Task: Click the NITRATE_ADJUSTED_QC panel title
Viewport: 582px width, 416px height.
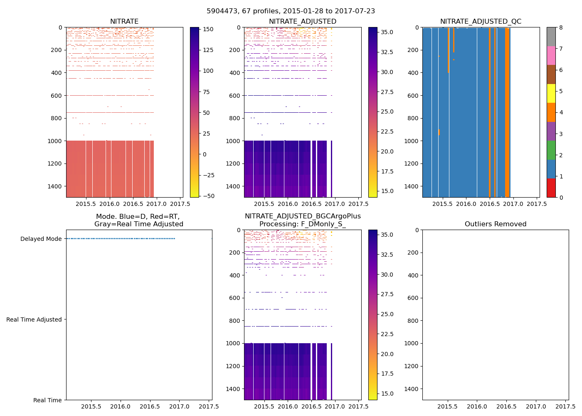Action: (x=481, y=22)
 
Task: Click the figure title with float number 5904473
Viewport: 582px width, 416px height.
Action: (x=291, y=11)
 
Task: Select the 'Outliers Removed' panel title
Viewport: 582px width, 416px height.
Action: (x=496, y=224)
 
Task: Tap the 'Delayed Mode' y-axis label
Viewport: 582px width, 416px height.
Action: (x=41, y=239)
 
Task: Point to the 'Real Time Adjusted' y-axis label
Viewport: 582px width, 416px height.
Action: (x=34, y=319)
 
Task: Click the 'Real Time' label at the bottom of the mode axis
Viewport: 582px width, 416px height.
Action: (x=47, y=400)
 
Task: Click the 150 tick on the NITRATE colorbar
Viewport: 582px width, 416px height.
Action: (x=208, y=29)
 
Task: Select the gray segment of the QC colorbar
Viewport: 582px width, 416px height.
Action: (x=551, y=37)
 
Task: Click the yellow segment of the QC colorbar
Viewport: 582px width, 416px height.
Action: (x=551, y=93)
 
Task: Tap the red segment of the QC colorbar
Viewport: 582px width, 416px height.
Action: (x=551, y=188)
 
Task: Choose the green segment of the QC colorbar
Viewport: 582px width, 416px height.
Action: (x=551, y=150)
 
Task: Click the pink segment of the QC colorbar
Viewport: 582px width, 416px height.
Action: (x=551, y=55)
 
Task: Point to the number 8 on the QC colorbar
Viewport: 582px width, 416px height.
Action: (x=561, y=27)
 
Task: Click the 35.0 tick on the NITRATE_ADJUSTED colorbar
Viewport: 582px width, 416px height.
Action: (x=387, y=32)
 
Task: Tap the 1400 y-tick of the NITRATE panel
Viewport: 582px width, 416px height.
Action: (x=55, y=186)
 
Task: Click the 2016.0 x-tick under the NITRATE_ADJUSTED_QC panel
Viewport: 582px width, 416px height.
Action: (x=466, y=204)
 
